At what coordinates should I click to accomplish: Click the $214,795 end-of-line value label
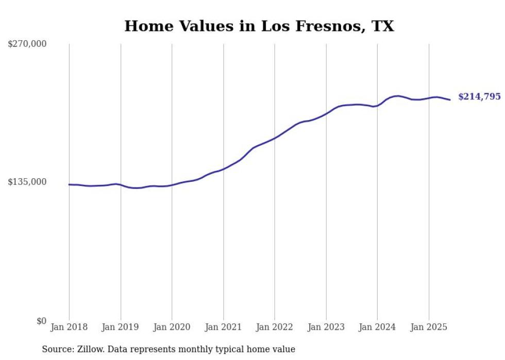pos(479,96)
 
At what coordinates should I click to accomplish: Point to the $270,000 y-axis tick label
pos(27,44)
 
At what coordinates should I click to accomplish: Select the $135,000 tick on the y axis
pos(27,182)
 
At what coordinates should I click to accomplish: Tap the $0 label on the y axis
pos(41,321)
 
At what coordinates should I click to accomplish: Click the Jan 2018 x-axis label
pos(69,327)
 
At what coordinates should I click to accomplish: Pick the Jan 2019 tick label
pos(121,327)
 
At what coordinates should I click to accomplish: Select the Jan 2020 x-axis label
pos(172,327)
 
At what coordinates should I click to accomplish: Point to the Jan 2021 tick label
pos(223,327)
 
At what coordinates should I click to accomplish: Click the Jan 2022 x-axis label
pos(275,327)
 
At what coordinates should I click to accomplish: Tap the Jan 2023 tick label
pos(326,327)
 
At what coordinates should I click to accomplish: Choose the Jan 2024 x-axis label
pos(377,327)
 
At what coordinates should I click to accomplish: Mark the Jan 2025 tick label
pos(429,327)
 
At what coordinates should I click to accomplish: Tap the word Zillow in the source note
pos(91,349)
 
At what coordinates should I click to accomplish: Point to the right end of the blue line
pos(450,99)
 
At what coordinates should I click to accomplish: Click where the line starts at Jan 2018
pos(70,184)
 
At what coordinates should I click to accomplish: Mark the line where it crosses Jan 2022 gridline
pos(275,138)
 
